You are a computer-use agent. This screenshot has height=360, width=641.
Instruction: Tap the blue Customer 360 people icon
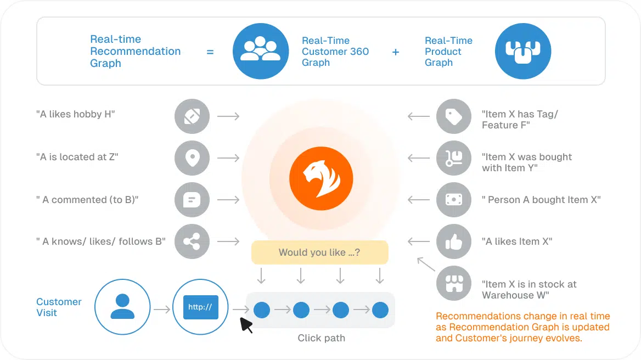[261, 51]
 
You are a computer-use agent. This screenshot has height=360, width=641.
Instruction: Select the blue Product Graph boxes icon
[522, 51]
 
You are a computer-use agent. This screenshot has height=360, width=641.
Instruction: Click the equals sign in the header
[210, 52]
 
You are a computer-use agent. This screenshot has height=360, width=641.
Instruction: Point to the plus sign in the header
[396, 52]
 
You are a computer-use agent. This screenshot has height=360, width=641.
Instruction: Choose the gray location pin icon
[192, 158]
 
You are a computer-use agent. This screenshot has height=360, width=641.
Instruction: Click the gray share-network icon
[192, 241]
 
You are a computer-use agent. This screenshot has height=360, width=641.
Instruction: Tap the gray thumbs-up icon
[453, 241]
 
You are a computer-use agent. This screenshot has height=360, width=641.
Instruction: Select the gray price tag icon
[453, 116]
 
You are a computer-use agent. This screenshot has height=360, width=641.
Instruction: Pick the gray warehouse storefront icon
[453, 284]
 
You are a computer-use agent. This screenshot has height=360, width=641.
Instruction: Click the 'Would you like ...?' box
[320, 252]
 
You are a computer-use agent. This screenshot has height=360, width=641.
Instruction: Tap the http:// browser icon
[200, 307]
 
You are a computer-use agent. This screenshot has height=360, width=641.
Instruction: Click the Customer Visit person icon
[122, 307]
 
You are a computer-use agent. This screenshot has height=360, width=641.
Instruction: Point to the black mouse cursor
[246, 325]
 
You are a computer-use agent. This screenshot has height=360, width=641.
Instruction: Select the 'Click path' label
[321, 338]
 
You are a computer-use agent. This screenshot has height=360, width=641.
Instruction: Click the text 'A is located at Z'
[77, 157]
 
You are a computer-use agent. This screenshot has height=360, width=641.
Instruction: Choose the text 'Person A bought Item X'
[541, 200]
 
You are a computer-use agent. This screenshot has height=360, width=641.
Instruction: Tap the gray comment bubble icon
[192, 200]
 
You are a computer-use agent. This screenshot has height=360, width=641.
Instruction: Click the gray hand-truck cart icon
[453, 158]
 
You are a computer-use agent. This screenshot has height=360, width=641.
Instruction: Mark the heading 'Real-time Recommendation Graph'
[135, 51]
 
